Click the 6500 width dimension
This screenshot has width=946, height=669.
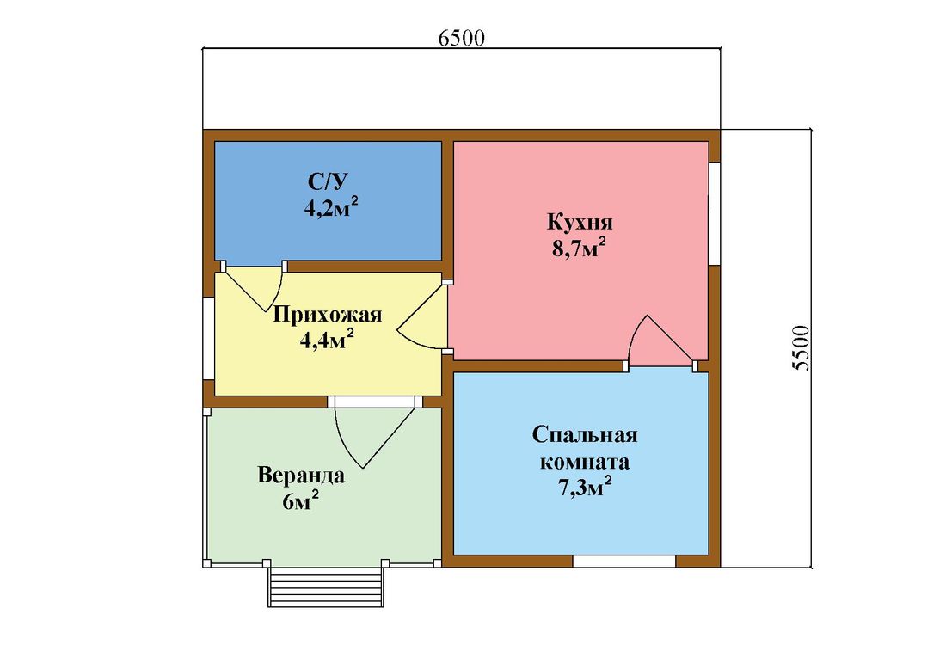[461, 38]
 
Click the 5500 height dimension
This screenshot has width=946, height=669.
[801, 348]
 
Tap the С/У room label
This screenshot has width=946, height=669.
[329, 181]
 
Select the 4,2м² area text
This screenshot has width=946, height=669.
[330, 208]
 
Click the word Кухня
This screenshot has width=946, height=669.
[580, 222]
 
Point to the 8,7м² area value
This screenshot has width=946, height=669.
[579, 248]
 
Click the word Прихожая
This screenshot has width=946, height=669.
[328, 315]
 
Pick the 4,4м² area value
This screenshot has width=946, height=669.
[327, 341]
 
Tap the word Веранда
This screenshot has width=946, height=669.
[301, 476]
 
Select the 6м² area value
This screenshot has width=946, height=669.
[300, 500]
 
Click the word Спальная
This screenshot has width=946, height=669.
[585, 435]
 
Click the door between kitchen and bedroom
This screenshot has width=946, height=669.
[661, 341]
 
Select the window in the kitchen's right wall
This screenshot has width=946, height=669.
[715, 213]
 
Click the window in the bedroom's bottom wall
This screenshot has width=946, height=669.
[623, 562]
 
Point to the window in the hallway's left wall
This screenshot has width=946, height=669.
[209, 339]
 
